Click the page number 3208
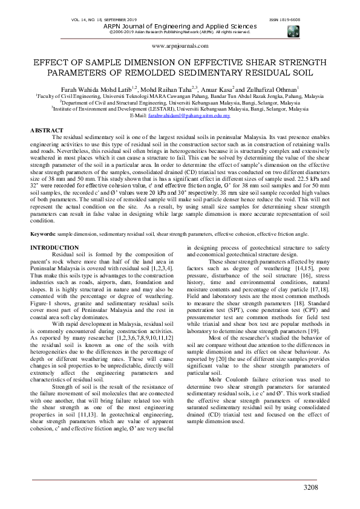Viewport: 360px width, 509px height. click(x=310, y=487)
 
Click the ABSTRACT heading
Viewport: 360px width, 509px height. click(x=47, y=131)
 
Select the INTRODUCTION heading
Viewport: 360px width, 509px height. click(x=54, y=248)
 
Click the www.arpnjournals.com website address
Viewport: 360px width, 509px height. click(x=180, y=46)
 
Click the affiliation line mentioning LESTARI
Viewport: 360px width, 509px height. click(x=180, y=108)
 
